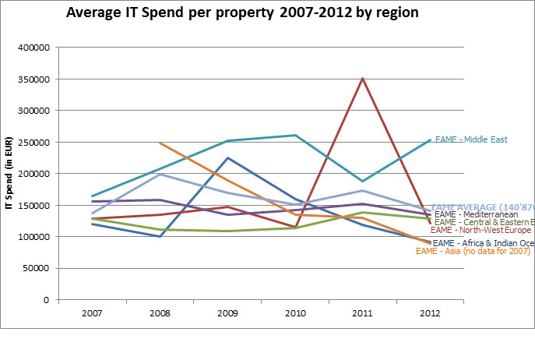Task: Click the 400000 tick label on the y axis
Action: [33, 48]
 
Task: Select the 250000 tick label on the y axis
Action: [33, 143]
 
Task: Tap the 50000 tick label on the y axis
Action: [36, 268]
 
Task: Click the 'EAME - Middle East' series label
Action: [471, 140]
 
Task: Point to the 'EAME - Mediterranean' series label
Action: [476, 214]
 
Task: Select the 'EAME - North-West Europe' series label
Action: [480, 231]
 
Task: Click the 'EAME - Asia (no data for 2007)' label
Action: [473, 251]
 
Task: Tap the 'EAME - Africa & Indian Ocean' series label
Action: [483, 243]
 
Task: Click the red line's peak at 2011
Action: [361, 78]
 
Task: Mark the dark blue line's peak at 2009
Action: [227, 158]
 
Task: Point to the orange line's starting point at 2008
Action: [160, 143]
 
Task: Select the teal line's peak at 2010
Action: [294, 136]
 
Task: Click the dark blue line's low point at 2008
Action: [160, 236]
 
